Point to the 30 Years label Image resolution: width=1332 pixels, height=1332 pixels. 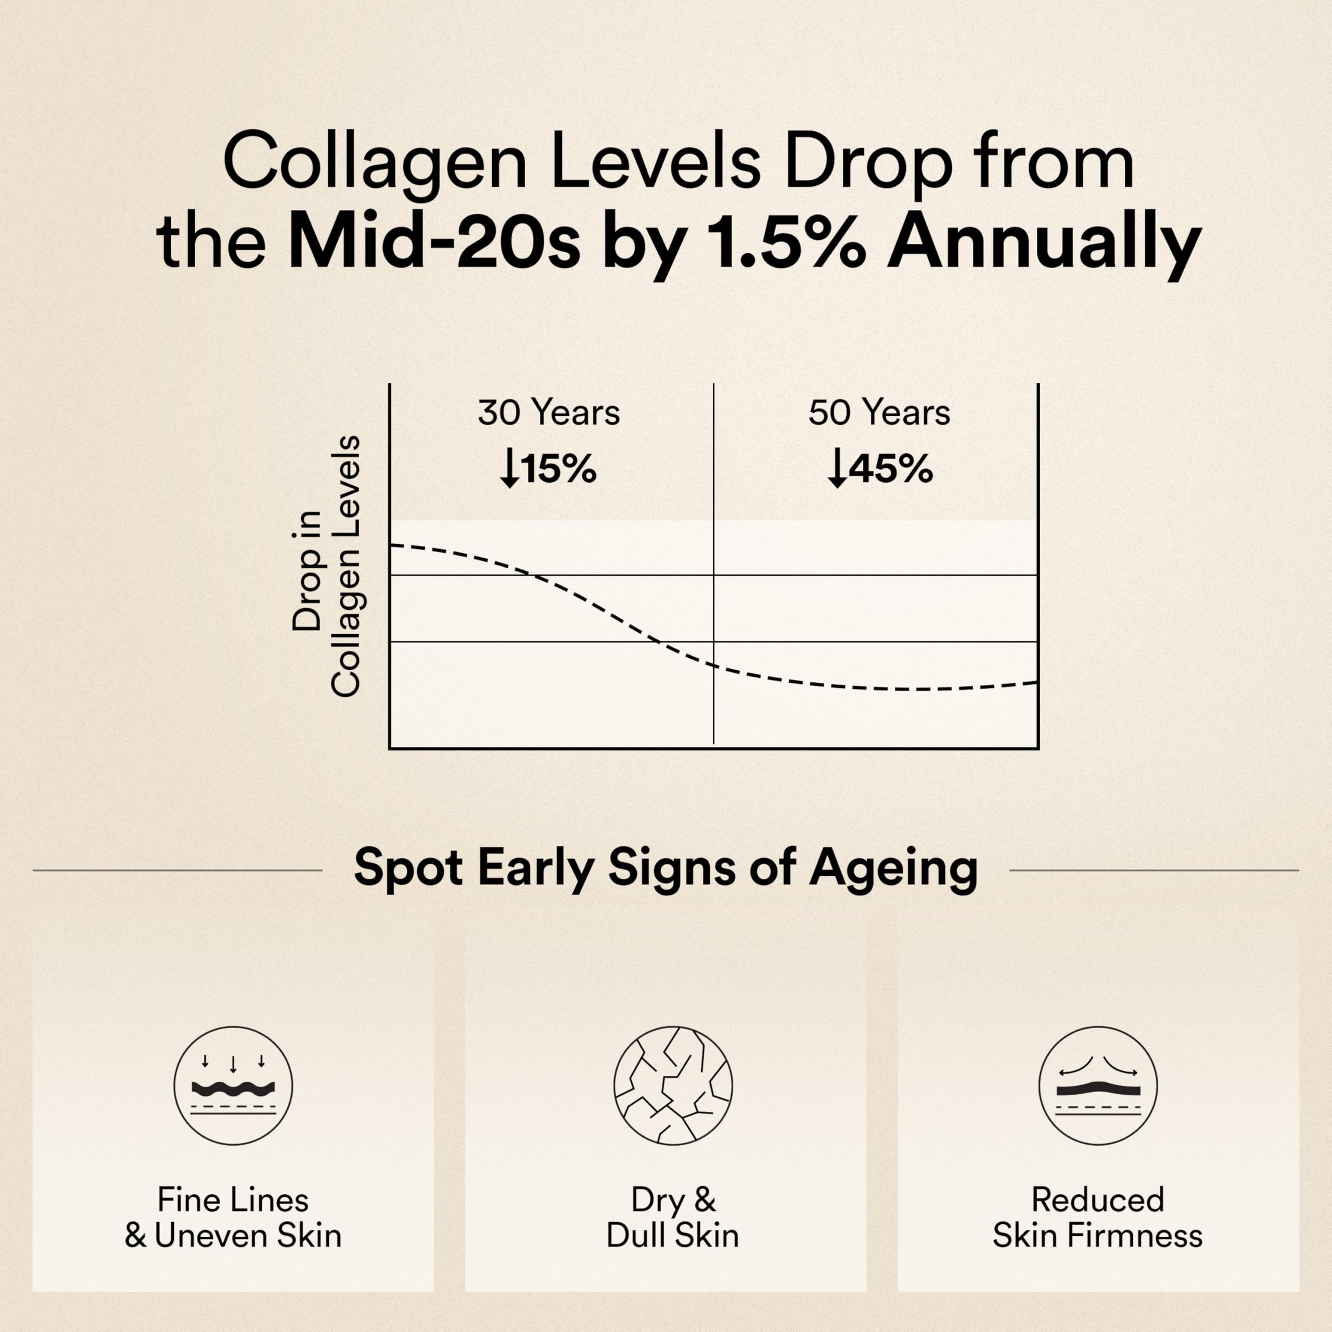[x=549, y=412]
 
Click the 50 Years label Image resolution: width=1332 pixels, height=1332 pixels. [x=879, y=412]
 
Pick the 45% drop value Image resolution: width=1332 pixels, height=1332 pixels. [x=890, y=469]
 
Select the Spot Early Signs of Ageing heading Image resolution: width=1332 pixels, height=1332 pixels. [x=665, y=867]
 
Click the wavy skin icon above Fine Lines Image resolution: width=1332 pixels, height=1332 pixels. [x=233, y=1086]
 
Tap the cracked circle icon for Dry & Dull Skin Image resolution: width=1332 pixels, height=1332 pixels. [x=673, y=1086]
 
